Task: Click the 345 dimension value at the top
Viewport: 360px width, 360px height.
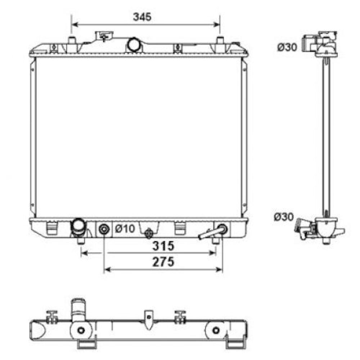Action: click(142, 17)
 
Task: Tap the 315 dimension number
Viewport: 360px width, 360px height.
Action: click(163, 246)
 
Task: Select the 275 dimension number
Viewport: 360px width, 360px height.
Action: click(163, 262)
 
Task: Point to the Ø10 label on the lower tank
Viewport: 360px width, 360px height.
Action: click(125, 229)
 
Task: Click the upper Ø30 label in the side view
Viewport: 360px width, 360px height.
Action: click(287, 47)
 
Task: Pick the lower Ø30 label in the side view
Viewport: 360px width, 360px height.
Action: click(284, 217)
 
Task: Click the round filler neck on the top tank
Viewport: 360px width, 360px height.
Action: click(134, 45)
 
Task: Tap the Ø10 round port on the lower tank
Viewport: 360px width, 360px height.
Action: click(104, 229)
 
